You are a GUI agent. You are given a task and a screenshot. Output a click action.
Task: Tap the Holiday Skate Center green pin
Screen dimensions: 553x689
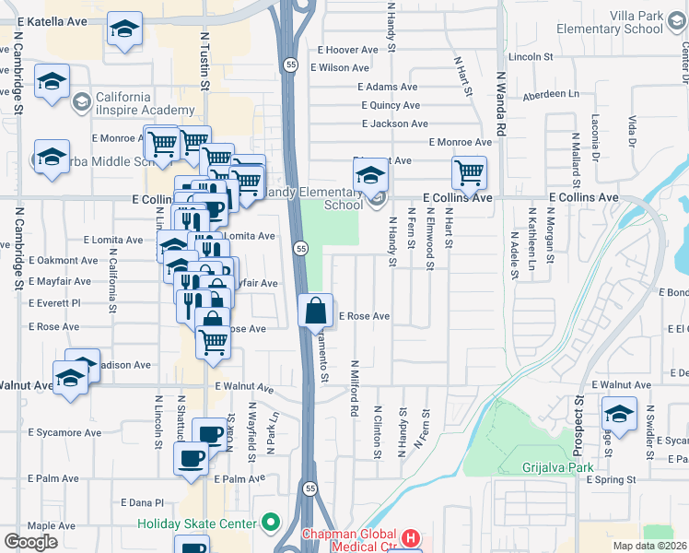pos(270,524)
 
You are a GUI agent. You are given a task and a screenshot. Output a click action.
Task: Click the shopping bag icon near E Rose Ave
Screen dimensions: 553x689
pos(316,312)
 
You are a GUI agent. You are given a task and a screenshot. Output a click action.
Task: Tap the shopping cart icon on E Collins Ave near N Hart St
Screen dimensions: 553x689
pos(469,172)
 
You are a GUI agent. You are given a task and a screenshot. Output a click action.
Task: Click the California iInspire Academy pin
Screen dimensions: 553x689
pos(80,100)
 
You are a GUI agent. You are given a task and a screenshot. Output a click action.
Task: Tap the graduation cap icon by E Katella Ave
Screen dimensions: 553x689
pos(124,29)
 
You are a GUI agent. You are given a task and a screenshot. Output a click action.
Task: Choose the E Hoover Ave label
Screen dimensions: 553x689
pos(349,50)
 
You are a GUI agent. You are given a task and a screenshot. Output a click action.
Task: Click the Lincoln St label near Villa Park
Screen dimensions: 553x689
pos(542,56)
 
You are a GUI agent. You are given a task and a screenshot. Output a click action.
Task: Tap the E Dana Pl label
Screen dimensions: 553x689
pos(142,502)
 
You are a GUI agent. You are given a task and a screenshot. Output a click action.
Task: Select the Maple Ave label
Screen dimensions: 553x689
pos(51,525)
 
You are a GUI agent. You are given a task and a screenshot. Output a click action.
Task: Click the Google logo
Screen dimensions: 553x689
pos(30,542)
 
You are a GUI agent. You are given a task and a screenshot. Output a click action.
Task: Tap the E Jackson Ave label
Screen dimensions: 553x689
pos(395,124)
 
